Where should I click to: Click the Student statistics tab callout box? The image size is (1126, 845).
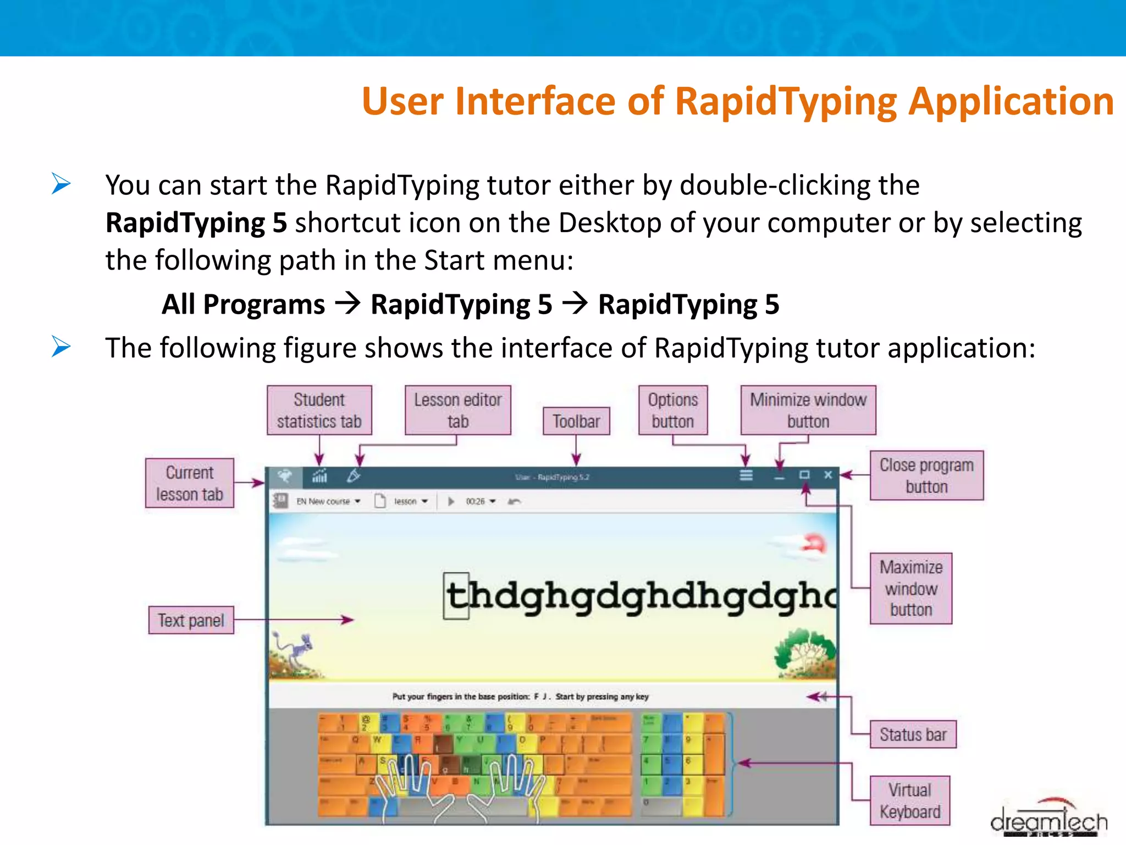pyautogui.click(x=319, y=410)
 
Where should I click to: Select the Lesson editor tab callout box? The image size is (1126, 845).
pyautogui.click(x=457, y=410)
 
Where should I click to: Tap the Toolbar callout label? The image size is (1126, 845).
pyautogui.click(x=576, y=421)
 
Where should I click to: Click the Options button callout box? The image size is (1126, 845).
pyautogui.click(x=672, y=410)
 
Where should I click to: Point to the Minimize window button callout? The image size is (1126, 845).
pyautogui.click(x=808, y=410)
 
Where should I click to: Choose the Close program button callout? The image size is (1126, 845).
pyautogui.click(x=926, y=475)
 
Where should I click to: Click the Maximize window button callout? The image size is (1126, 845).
pyautogui.click(x=910, y=588)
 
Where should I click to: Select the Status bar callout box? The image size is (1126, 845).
pyautogui.click(x=913, y=734)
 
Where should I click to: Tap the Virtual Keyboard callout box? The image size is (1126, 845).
pyautogui.click(x=910, y=800)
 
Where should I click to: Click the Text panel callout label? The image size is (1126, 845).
pyautogui.click(x=191, y=620)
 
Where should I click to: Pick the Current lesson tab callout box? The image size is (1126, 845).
pyautogui.click(x=190, y=483)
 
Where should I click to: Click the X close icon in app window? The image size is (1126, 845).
pyautogui.click(x=828, y=475)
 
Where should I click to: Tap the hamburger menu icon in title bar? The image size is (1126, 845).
pyautogui.click(x=746, y=475)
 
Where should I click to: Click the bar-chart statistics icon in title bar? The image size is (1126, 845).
pyautogui.click(x=320, y=476)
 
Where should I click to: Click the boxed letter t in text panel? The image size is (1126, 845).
pyautogui.click(x=457, y=596)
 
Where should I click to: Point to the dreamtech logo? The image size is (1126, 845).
pyautogui.click(x=1049, y=820)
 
